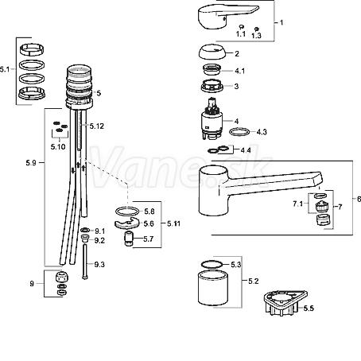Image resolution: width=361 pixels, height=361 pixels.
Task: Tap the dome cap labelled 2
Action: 212,52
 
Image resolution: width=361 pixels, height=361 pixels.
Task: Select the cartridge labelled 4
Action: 212,118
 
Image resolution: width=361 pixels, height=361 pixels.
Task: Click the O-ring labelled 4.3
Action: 239,132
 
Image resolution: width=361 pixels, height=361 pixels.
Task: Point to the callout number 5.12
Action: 97,126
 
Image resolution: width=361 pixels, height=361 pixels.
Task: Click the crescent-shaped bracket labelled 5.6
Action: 127,223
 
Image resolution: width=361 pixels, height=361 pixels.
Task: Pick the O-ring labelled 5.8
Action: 127,212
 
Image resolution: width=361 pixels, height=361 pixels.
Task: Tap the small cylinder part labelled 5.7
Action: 128,239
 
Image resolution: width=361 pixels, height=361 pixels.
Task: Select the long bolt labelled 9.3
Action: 84,262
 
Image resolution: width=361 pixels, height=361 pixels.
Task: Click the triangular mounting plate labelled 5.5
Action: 285,302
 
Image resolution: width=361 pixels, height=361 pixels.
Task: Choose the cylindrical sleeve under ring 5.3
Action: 213,288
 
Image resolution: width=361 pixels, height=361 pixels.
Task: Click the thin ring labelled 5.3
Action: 212,265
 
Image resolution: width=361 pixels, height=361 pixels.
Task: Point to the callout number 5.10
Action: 58,147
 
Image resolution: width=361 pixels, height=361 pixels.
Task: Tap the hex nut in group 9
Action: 61,278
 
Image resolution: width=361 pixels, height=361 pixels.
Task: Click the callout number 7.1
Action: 298,204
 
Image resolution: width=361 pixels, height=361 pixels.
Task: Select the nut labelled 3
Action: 212,86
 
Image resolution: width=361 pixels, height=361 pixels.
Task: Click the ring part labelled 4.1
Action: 212,69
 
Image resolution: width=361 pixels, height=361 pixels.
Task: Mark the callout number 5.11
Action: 173,223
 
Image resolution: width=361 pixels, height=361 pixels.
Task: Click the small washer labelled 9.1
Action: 85,230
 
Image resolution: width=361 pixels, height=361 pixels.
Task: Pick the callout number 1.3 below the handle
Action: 256,36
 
